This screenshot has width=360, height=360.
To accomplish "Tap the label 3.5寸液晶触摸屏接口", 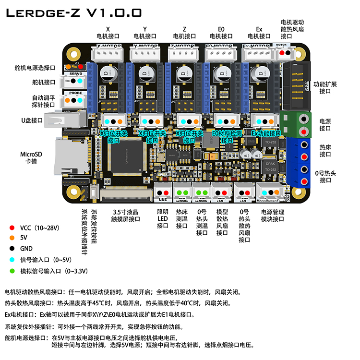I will click(126, 215).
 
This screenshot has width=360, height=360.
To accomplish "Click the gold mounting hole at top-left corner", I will click(73, 54).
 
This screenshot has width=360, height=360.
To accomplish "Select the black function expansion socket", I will click(294, 86).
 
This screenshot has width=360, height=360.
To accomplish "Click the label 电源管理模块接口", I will click(273, 215).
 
